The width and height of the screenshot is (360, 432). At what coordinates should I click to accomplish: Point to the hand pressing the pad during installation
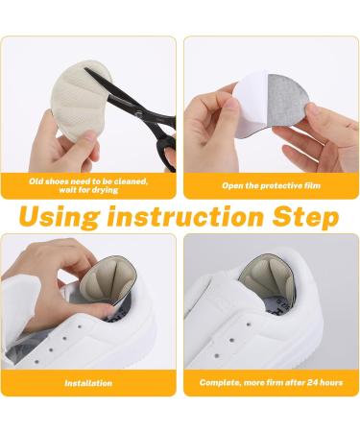point(43,278)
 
